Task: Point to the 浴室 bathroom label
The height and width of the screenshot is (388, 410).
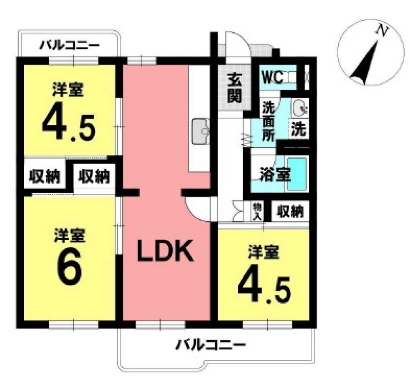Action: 275,175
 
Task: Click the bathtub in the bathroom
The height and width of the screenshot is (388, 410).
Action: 296,174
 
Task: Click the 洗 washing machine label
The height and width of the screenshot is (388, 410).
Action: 299,130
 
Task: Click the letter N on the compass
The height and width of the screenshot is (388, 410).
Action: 382,31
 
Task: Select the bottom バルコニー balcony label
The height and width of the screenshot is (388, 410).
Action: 211,345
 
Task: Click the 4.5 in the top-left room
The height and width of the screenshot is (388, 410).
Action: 68,124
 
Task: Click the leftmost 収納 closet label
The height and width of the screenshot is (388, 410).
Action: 45,177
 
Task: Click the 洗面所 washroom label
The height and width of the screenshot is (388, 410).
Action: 269,122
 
